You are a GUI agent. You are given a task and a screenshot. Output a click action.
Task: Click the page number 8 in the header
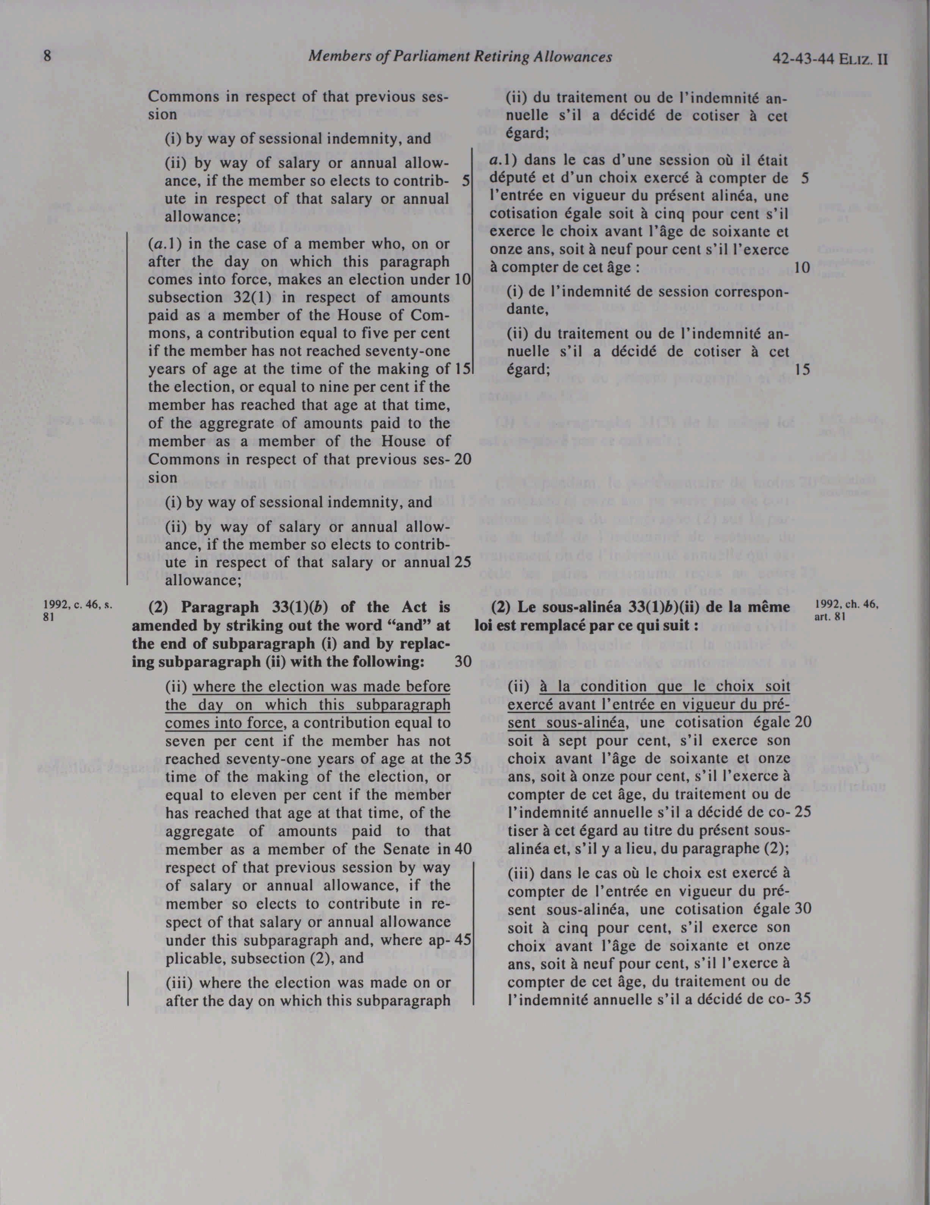click(x=47, y=57)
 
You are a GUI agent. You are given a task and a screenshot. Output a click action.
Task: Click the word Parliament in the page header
click(x=432, y=57)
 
